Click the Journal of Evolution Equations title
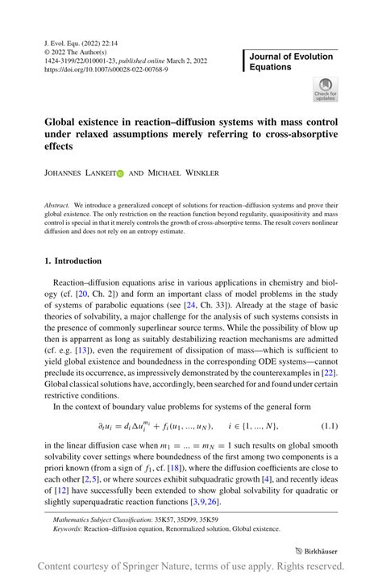(x=291, y=61)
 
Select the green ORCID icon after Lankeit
(x=121, y=173)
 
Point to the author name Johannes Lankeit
(x=79, y=173)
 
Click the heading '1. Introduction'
(x=73, y=261)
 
